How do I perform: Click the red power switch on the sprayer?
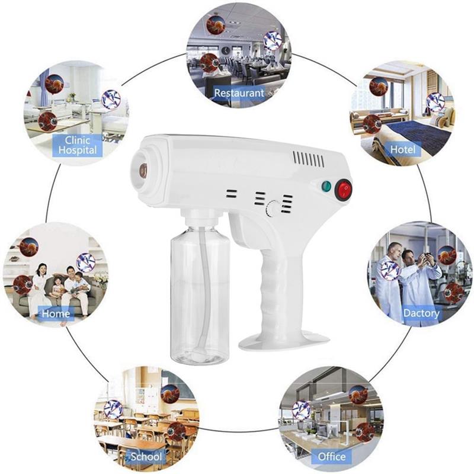[x=344, y=190]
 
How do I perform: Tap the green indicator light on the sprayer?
[x=326, y=186]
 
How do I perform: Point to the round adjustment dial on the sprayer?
[x=272, y=209]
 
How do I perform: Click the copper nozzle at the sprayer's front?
[x=143, y=170]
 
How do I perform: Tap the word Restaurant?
[x=239, y=93]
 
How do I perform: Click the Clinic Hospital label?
[x=78, y=145]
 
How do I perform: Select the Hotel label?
[x=403, y=149]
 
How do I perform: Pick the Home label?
[x=56, y=313]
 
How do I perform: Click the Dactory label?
[x=421, y=313]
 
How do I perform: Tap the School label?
[x=146, y=456]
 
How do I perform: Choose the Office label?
[x=332, y=456]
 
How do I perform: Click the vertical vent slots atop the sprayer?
[x=308, y=159]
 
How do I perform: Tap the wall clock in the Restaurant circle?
[x=225, y=50]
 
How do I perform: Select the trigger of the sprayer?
[x=242, y=230]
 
